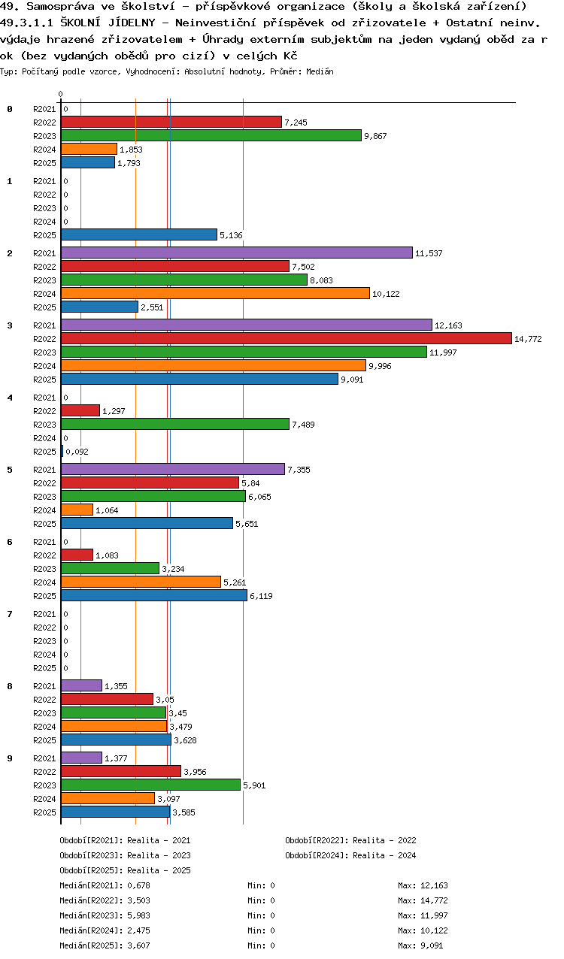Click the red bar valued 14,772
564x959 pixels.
tap(286, 338)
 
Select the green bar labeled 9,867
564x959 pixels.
tap(211, 135)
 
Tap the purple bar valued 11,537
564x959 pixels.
tap(236, 253)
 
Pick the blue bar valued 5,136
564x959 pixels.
tap(138, 234)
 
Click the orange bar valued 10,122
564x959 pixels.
tap(215, 293)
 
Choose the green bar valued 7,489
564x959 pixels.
tap(174, 424)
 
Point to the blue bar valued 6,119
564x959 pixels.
tap(153, 595)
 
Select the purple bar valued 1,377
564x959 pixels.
tap(81, 758)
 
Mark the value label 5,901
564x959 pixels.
tap(254, 785)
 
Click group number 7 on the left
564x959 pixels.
tap(10, 614)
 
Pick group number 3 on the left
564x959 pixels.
tap(10, 325)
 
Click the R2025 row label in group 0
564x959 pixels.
tap(45, 163)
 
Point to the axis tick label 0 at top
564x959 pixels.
tap(61, 94)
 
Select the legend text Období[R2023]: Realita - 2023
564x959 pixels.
tap(125, 855)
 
